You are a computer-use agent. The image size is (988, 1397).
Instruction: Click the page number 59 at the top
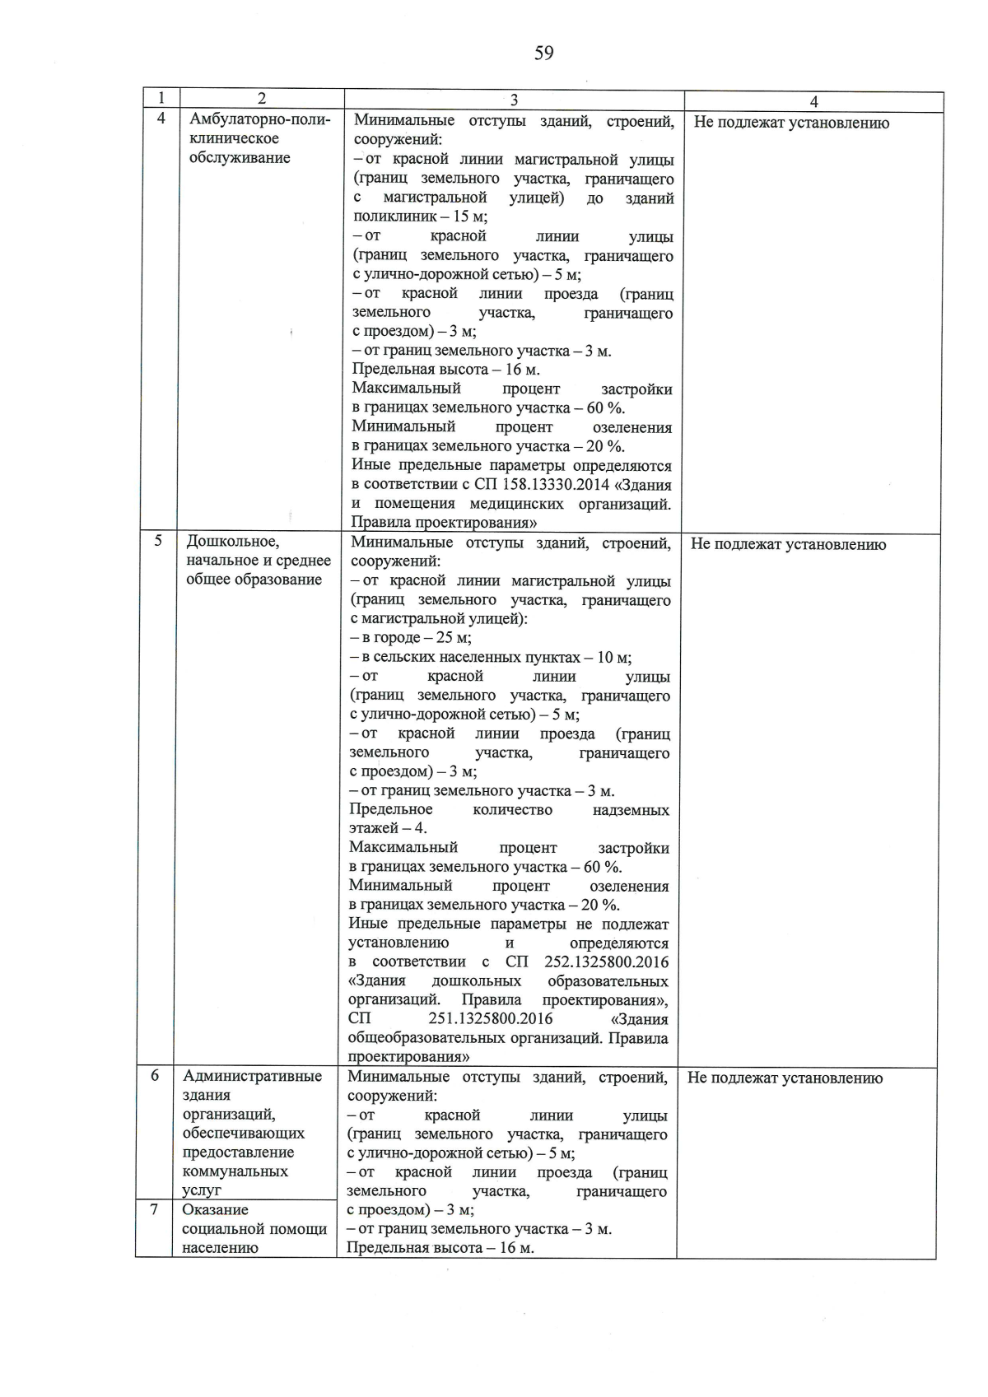click(x=543, y=54)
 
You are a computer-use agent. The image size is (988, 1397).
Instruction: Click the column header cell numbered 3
click(x=514, y=100)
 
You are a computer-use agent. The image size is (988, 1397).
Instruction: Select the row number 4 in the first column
click(x=161, y=119)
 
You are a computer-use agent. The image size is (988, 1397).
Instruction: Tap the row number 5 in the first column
click(x=158, y=540)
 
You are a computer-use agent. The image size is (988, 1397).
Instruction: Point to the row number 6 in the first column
click(x=155, y=1075)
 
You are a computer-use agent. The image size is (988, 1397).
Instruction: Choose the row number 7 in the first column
click(x=154, y=1209)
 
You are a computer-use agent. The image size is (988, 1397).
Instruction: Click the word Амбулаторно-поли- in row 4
click(x=260, y=120)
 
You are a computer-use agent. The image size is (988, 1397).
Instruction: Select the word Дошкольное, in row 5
click(x=233, y=542)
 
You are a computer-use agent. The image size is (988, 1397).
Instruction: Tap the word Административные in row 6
click(x=252, y=1077)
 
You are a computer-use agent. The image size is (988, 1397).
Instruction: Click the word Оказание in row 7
click(x=215, y=1210)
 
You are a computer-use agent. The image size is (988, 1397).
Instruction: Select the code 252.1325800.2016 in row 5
click(x=606, y=962)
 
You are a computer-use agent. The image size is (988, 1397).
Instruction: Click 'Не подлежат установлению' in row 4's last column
click(x=791, y=123)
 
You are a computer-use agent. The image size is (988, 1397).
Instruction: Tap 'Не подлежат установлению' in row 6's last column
click(x=785, y=1078)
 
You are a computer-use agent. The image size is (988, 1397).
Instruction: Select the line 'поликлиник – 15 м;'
click(x=420, y=217)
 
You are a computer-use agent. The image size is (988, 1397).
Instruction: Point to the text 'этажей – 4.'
click(x=388, y=829)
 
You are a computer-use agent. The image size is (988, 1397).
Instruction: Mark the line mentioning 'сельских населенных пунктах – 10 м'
click(x=491, y=658)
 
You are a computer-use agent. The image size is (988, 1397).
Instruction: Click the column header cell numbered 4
click(x=813, y=102)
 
